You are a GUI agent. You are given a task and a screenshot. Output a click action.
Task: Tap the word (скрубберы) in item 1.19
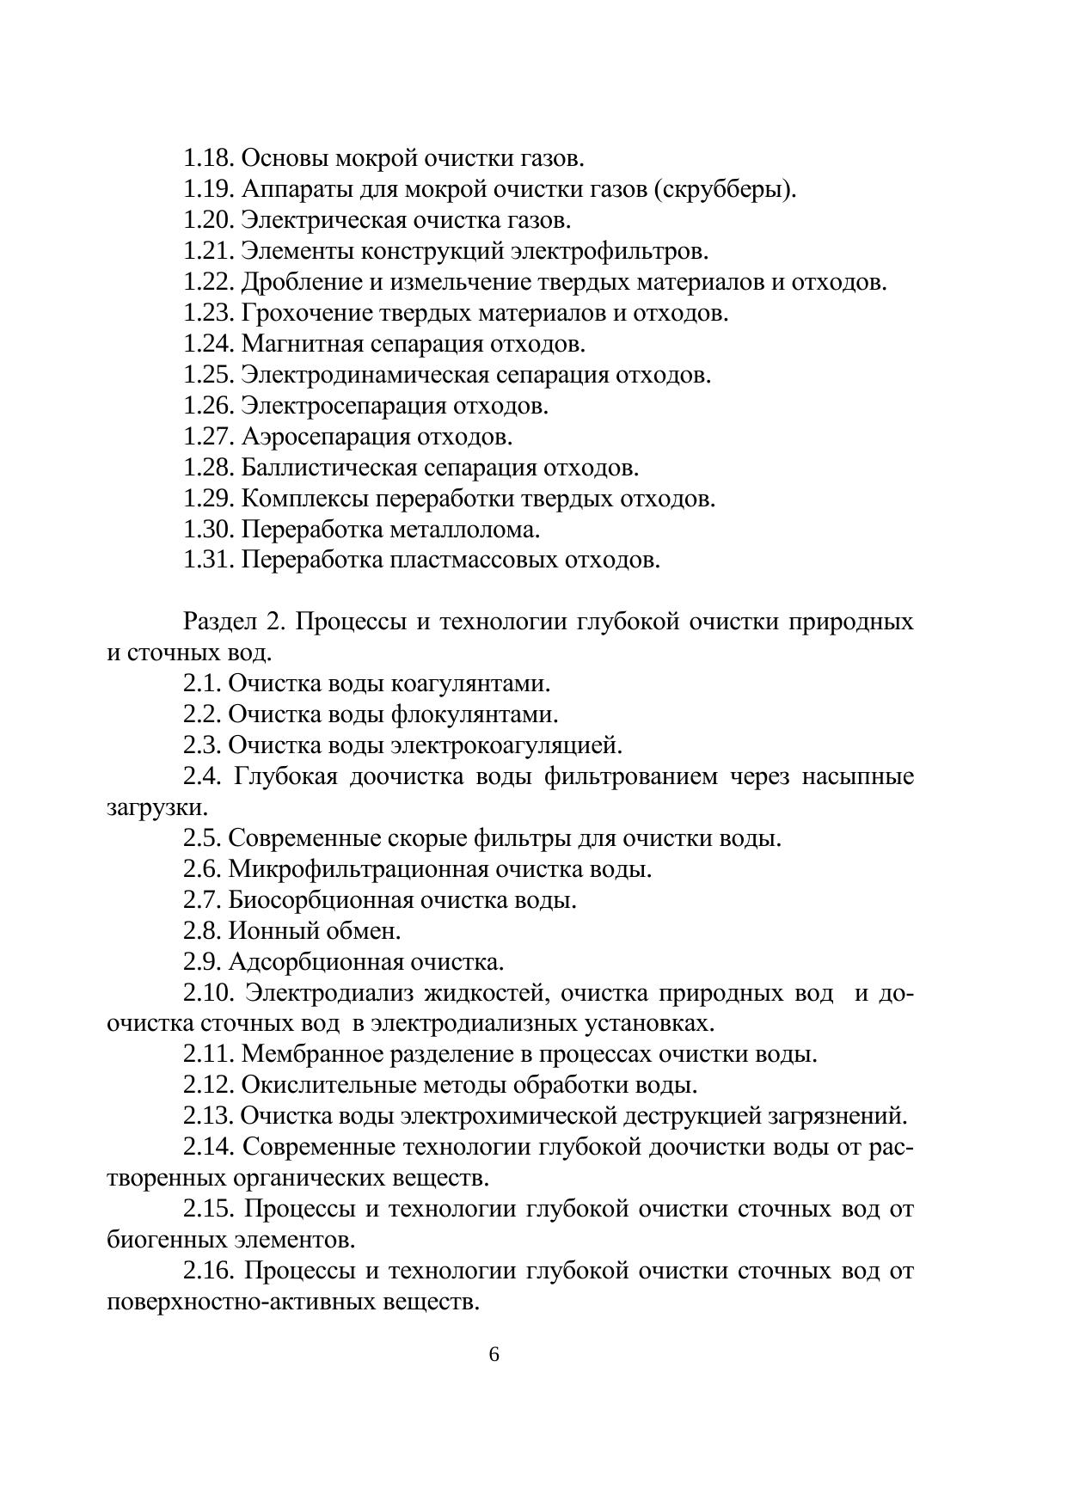coord(725,189)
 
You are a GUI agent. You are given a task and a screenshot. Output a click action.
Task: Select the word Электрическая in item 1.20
coord(323,220)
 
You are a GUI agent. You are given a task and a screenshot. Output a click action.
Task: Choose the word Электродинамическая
coord(365,375)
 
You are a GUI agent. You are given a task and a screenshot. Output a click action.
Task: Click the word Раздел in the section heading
coord(214,622)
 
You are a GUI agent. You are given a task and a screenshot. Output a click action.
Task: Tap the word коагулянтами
coord(470,684)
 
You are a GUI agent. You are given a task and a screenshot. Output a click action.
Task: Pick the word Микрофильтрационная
coord(360,869)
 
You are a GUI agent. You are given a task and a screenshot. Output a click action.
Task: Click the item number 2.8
coord(202,931)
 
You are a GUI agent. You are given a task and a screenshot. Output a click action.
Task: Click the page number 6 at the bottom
coord(494,1355)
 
